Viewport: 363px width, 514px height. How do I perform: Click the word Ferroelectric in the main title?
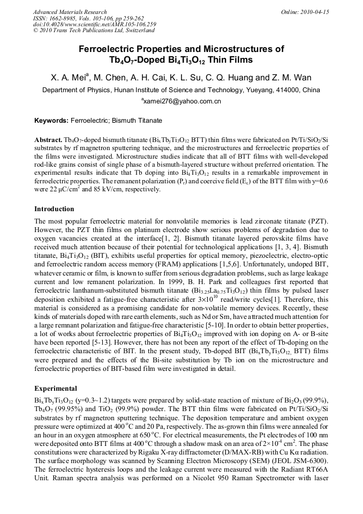(x=108, y=49)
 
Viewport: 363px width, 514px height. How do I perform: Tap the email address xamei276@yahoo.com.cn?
(x=182, y=101)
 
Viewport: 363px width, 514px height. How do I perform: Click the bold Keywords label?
(x=51, y=121)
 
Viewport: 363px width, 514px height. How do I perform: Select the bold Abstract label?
(x=48, y=138)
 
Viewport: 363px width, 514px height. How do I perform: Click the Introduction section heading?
(x=55, y=208)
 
